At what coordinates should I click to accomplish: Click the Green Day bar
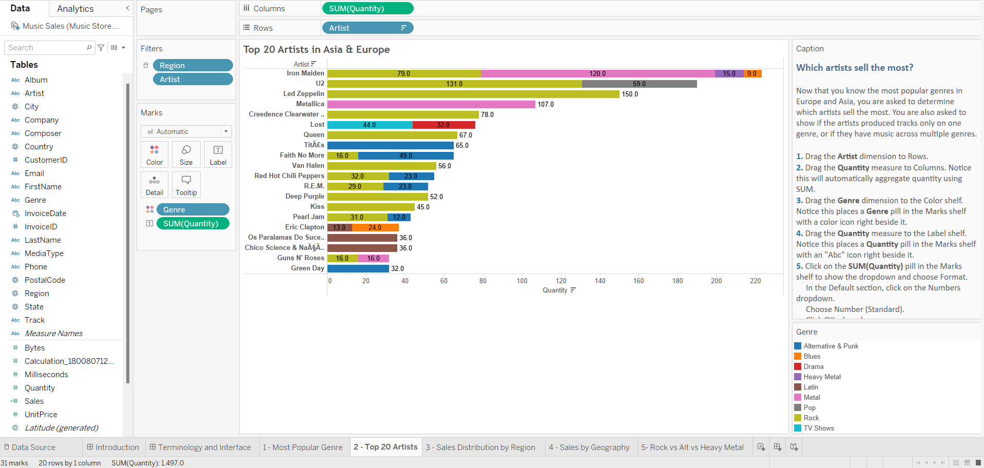point(358,268)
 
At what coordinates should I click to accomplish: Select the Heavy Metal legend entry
point(822,377)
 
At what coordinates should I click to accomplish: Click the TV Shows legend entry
point(818,428)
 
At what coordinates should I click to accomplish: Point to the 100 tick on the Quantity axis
point(522,281)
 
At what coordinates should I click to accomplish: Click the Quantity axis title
point(555,290)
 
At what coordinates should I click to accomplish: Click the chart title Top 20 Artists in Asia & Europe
point(316,49)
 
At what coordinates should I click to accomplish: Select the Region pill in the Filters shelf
point(192,65)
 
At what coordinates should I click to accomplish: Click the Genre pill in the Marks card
point(192,209)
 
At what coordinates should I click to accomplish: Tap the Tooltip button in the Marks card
point(186,185)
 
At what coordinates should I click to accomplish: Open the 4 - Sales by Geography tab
point(589,447)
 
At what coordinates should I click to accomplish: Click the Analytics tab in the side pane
point(75,9)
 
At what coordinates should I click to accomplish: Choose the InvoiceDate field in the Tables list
point(45,213)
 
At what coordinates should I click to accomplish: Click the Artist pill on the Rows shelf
point(367,28)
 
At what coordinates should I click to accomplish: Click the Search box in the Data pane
point(46,48)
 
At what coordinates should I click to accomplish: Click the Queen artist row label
point(314,135)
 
